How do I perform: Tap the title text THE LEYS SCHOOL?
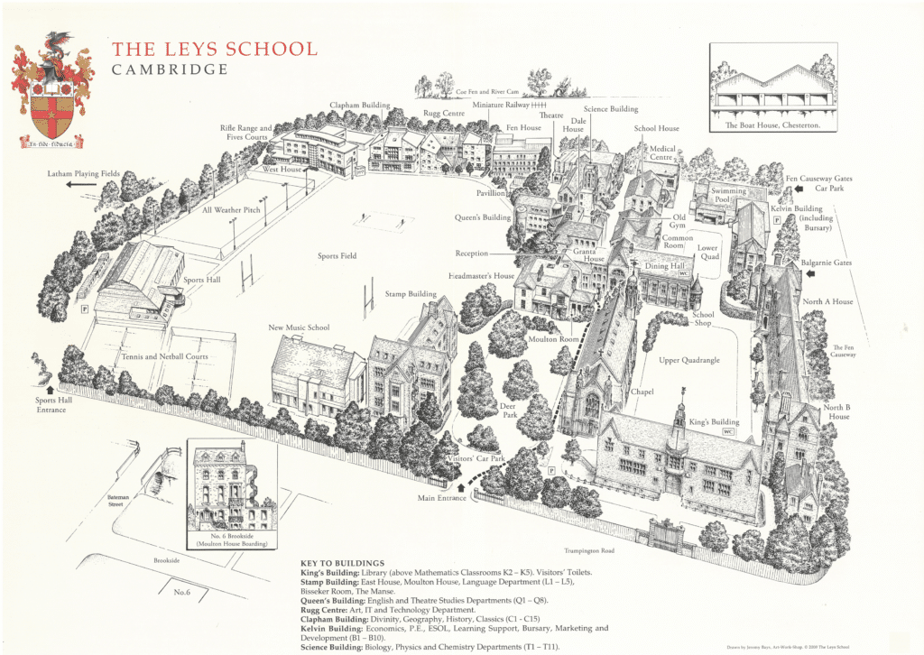click(x=213, y=49)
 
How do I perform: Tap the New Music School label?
click(x=299, y=327)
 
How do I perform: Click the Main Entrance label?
click(x=439, y=497)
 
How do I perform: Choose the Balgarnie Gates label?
click(x=826, y=263)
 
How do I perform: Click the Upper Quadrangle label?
click(x=690, y=360)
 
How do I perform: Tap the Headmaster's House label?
click(x=481, y=275)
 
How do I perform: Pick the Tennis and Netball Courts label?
click(x=165, y=356)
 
